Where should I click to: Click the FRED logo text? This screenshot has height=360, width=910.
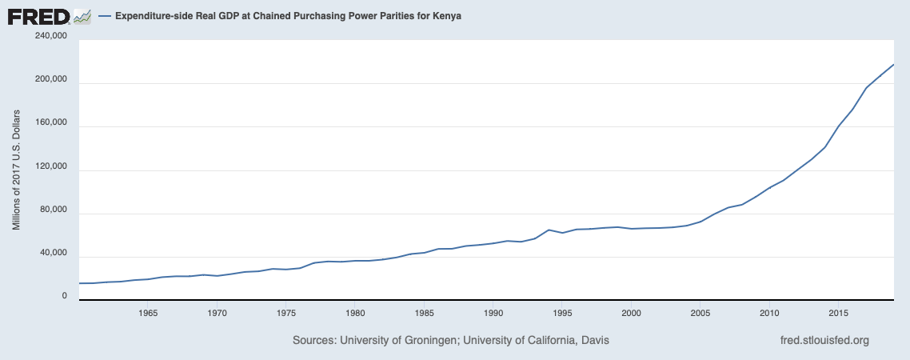38,15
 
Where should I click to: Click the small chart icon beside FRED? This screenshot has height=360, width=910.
82,15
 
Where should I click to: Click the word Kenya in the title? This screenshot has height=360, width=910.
447,16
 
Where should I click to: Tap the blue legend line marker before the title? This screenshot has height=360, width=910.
104,16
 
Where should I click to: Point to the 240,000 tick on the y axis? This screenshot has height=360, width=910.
50,37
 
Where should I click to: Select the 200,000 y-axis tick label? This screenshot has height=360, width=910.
50,80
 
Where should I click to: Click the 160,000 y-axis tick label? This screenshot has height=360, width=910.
50,124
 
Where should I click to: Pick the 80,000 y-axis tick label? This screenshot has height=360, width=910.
52,211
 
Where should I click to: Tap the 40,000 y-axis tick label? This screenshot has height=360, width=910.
52,254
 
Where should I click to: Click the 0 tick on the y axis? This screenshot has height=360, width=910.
64,297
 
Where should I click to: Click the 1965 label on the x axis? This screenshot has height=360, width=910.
147,312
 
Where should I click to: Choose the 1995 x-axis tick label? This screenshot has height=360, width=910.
562,312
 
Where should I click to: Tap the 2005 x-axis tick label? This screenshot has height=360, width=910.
700,312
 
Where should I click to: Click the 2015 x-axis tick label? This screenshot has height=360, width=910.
839,312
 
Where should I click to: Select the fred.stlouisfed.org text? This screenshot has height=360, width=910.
824,341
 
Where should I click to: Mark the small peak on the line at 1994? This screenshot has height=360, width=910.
549,230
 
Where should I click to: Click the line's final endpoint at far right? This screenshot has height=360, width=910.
893,64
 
